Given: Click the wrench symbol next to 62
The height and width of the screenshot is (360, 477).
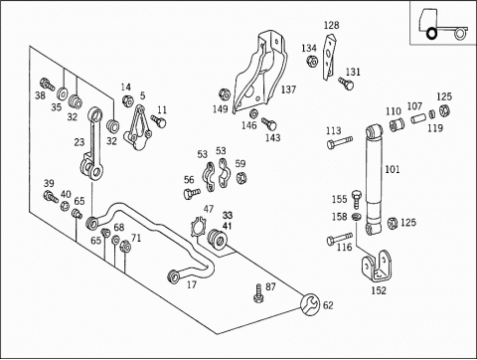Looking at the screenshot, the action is coord(310,304).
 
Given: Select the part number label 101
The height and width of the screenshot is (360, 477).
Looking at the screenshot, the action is coord(393,169).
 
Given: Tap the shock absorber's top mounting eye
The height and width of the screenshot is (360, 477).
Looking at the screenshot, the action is coord(375,130).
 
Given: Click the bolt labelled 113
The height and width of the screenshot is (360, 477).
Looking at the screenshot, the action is coord(339,142).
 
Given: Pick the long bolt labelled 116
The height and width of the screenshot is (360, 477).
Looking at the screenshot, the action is coord(339,239).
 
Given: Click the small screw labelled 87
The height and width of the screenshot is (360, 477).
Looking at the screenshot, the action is coord(259,293).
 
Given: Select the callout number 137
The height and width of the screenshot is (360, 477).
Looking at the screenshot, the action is coord(288,90).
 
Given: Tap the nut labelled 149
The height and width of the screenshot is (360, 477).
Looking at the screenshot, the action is coord(225,94).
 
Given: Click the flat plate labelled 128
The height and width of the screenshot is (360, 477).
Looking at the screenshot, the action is coord(330,57).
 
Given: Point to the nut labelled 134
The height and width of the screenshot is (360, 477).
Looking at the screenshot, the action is coord(312,62).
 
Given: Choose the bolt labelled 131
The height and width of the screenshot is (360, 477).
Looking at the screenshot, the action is coord(346,83).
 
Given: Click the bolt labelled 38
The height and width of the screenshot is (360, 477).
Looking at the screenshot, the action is coord(47,84).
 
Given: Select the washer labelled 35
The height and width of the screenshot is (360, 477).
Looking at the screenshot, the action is coord(62,93).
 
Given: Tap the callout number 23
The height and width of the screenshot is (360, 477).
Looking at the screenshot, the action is coord(79,142).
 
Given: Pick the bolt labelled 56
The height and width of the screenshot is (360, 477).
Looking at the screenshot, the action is coord(192,193).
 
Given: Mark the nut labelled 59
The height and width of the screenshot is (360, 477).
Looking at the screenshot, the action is coord(242,177).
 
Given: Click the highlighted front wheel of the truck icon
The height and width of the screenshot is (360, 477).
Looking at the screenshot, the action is coord(431,33).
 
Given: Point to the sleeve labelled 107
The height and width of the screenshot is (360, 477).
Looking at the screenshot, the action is coord(419,117).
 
